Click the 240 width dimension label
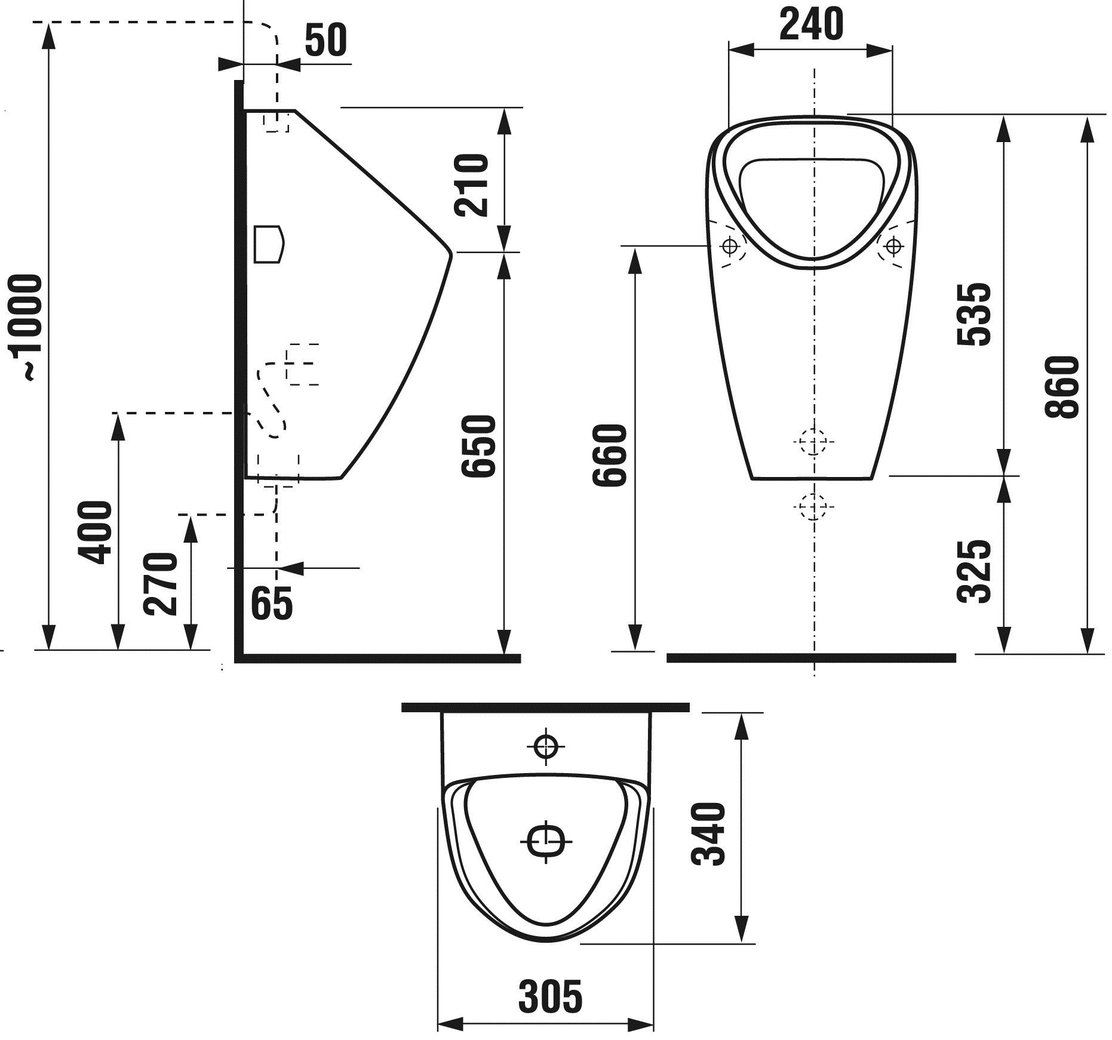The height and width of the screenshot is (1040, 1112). pyautogui.click(x=811, y=24)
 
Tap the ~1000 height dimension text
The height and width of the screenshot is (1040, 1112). pyautogui.click(x=26, y=327)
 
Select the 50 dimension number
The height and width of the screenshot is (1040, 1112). pyautogui.click(x=325, y=40)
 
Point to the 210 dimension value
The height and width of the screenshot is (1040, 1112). pyautogui.click(x=471, y=184)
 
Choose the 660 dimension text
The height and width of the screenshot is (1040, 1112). pyautogui.click(x=609, y=455)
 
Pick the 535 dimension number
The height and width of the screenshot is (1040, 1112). pyautogui.click(x=974, y=314)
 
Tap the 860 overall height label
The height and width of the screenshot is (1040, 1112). pyautogui.click(x=1062, y=386)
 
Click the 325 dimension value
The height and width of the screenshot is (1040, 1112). pyautogui.click(x=974, y=571)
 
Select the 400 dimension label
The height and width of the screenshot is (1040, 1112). pyautogui.click(x=95, y=532)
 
